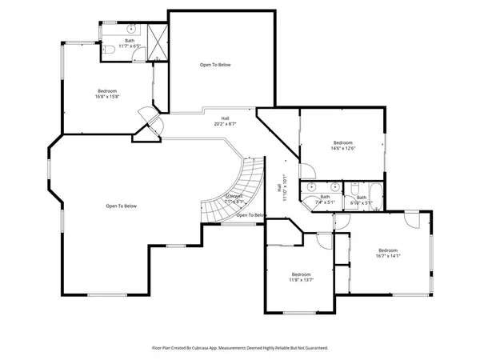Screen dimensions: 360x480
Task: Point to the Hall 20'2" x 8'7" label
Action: click(x=226, y=121)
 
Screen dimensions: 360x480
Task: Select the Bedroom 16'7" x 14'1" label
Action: click(x=388, y=253)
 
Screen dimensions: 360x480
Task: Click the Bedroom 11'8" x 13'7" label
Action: click(x=301, y=277)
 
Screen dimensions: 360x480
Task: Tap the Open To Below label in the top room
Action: click(x=215, y=65)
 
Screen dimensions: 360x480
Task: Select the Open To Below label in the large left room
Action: click(x=121, y=206)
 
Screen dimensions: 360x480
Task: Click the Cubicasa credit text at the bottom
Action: click(x=240, y=348)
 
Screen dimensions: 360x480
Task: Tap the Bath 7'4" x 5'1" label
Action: click(x=325, y=199)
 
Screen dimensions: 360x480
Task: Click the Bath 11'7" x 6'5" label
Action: click(x=130, y=44)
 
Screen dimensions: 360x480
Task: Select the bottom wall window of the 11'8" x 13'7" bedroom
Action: click(x=298, y=312)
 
